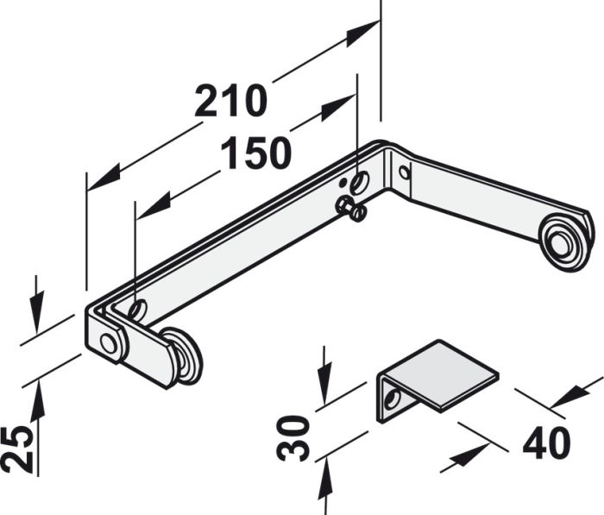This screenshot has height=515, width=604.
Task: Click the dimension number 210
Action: [230, 103]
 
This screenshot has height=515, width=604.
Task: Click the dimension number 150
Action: [255, 154]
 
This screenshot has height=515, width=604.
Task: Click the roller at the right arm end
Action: [564, 241]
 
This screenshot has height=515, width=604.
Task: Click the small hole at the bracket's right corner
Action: [404, 172]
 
